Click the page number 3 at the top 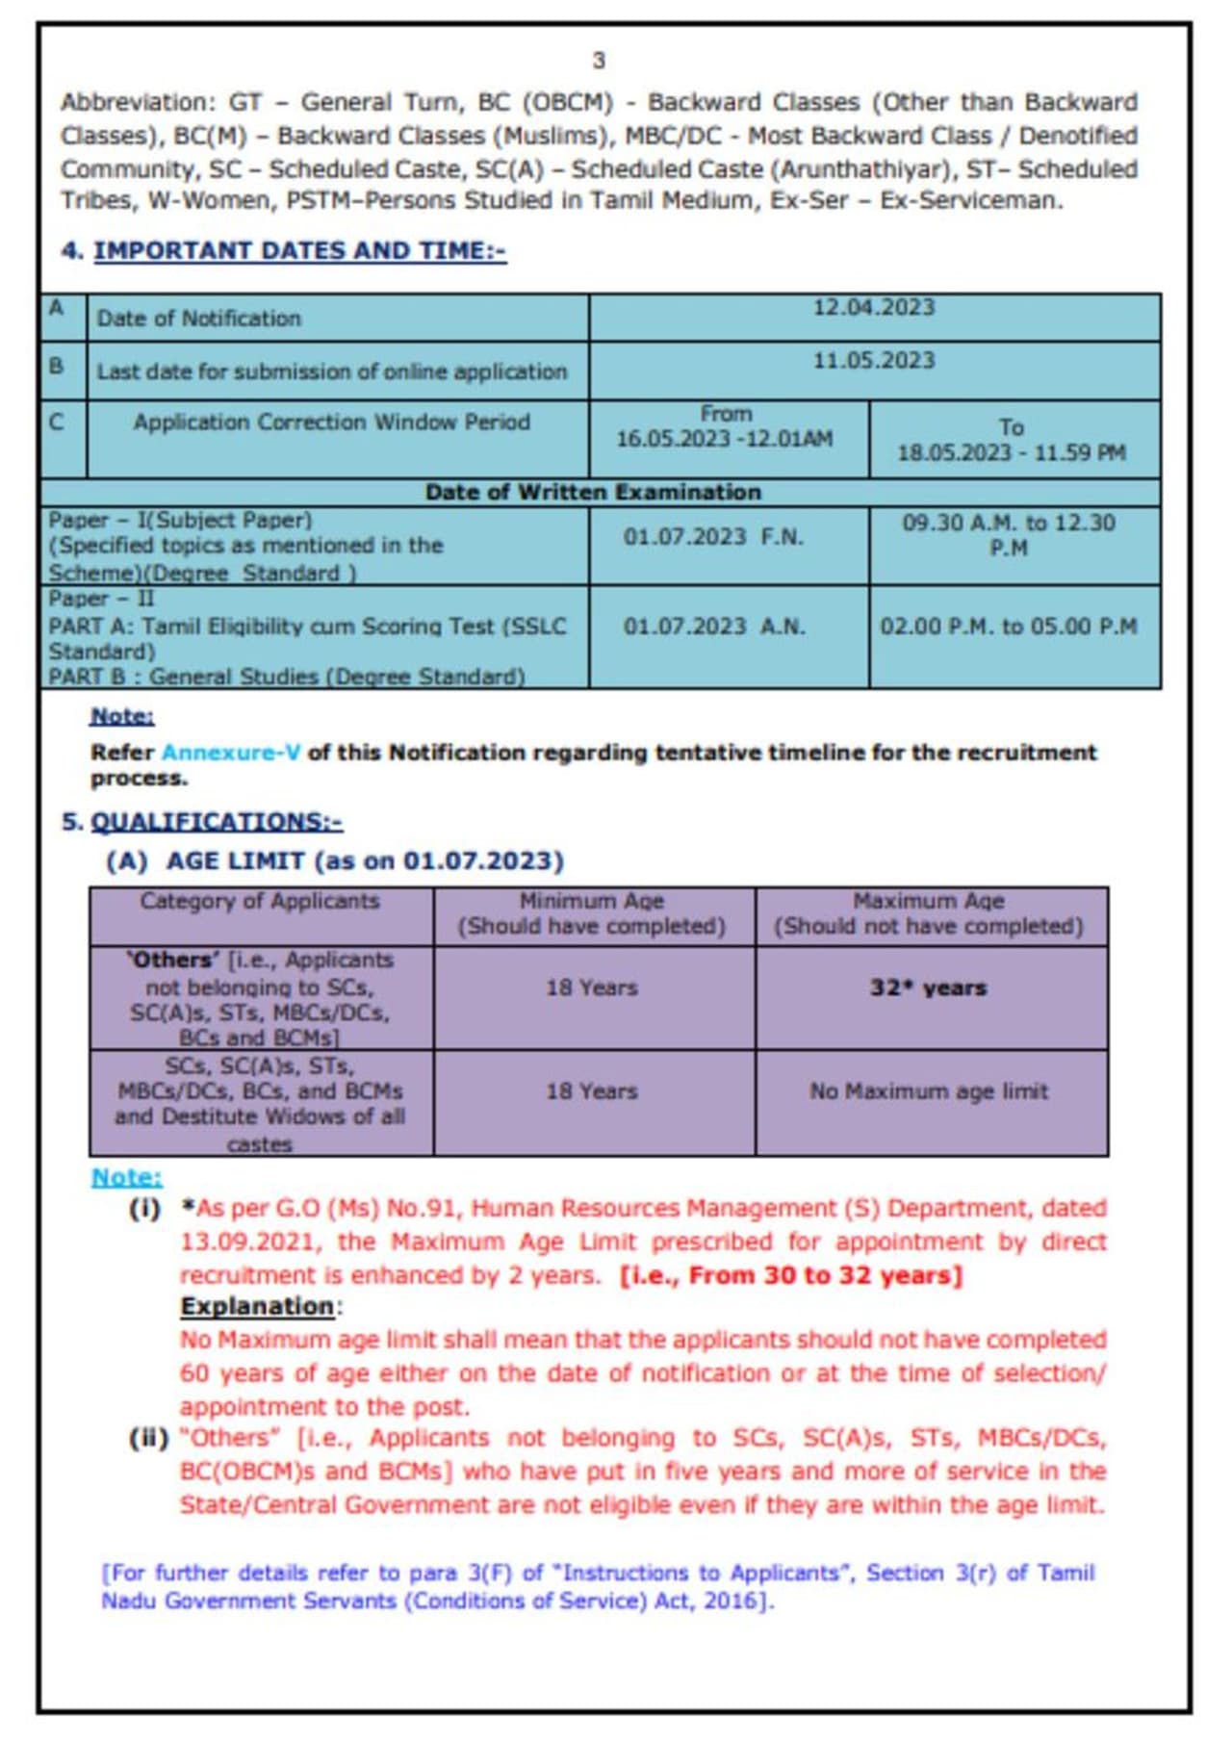click(599, 61)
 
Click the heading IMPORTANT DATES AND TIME click(299, 250)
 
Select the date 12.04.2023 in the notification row click(873, 307)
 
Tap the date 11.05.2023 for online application click(873, 361)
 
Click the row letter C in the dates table click(57, 422)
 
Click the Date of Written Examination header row click(593, 492)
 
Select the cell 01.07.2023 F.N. click(712, 536)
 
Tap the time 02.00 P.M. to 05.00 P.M click(1009, 627)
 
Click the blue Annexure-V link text click(231, 753)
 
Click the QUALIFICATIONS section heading click(217, 822)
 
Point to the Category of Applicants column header click(260, 902)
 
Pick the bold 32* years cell click(929, 988)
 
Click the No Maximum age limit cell click(929, 1091)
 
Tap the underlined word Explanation click(257, 1307)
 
